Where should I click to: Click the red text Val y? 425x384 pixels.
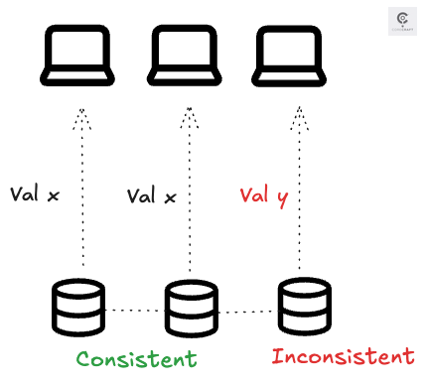[x=263, y=197]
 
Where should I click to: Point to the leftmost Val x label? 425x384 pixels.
[x=35, y=194]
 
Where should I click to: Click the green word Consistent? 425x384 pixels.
[x=137, y=357]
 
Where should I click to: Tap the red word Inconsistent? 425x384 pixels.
[x=343, y=355]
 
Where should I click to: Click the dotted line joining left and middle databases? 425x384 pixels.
[x=134, y=311]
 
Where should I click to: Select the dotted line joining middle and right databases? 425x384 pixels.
[x=244, y=312]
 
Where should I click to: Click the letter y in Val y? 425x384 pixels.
[x=281, y=199]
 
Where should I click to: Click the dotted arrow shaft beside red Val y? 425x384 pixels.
[x=298, y=198]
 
